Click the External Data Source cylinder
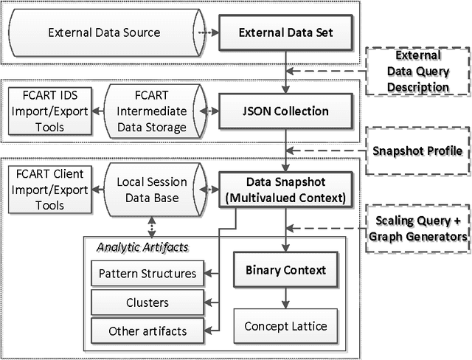tap(103, 32)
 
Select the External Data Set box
tap(285, 32)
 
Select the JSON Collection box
tap(285, 112)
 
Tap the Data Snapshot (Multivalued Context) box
tap(285, 190)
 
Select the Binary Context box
tap(285, 270)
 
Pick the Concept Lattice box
tap(285, 325)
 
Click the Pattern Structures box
tap(147, 274)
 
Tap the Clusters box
tap(147, 302)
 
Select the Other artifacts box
tap(147, 330)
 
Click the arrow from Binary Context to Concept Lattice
tap(285, 298)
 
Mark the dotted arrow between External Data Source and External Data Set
tap(208, 32)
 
